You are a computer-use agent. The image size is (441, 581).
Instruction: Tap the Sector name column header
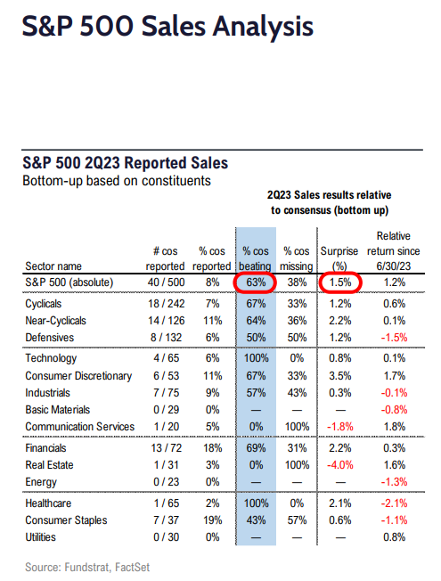coord(51,266)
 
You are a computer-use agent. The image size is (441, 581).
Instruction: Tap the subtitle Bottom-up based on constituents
coord(105,180)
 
